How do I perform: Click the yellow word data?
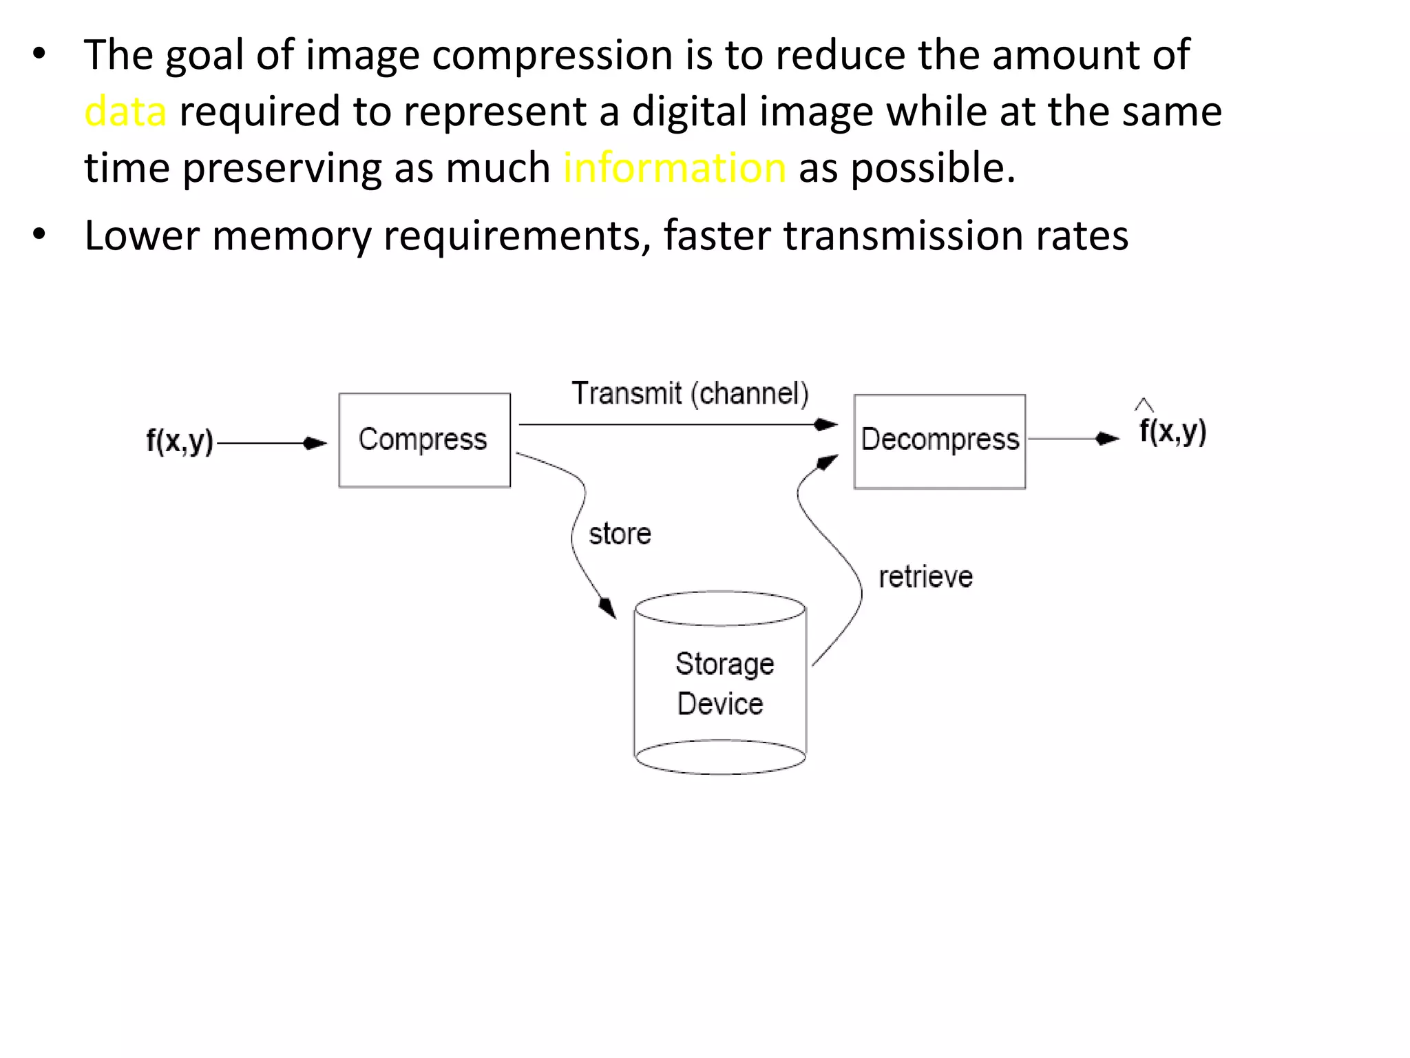tap(125, 112)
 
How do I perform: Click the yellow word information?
tap(674, 168)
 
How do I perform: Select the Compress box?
tap(424, 440)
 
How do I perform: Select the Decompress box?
tap(939, 441)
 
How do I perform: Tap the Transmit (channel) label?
tap(690, 394)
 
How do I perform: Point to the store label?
tap(620, 535)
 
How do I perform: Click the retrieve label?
tap(925, 577)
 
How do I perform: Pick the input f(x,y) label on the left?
tap(180, 441)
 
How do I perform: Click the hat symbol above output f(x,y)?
tap(1144, 404)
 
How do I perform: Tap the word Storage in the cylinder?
tap(724, 664)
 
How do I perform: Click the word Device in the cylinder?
tap(720, 704)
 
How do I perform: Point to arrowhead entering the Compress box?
tap(315, 443)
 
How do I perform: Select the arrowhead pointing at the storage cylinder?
tap(607, 608)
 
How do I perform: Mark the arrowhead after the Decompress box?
tap(1107, 439)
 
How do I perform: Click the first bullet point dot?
tap(39, 54)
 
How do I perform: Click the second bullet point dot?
tap(39, 235)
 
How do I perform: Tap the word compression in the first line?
tap(552, 55)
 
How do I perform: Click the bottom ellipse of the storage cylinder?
tap(720, 757)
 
